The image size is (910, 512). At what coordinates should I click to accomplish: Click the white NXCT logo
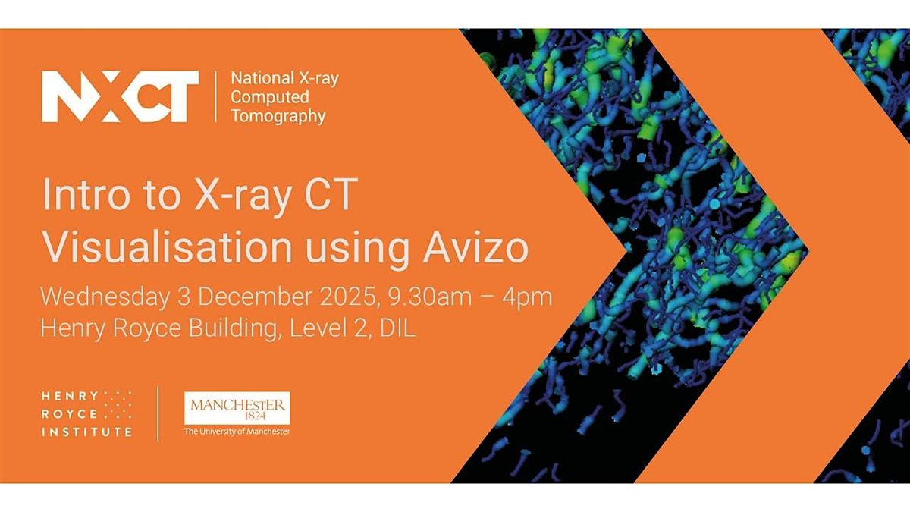120,96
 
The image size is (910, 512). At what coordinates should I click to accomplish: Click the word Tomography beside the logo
278,116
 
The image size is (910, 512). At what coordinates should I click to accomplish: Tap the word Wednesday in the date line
105,297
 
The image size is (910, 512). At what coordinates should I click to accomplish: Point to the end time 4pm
529,297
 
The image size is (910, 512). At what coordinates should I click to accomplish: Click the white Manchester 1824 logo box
237,408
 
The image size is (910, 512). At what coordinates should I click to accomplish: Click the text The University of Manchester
237,432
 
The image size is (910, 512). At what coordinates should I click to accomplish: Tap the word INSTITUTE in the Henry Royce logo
86,432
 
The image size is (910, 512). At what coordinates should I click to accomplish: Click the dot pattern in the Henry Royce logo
118,405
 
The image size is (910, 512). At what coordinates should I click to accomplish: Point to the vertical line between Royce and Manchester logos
158,413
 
